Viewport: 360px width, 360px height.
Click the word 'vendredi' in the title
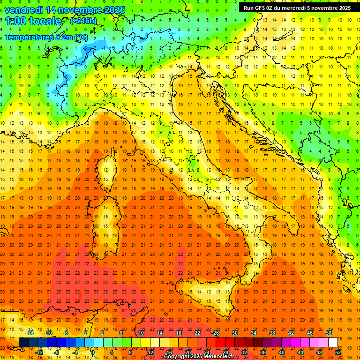[24, 10]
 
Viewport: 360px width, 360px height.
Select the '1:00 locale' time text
[33, 21]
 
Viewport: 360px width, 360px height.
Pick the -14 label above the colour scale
[30, 333]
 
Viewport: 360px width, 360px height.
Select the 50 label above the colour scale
[328, 333]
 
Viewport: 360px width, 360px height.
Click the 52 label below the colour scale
[338, 352]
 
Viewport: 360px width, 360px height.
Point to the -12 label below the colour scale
[39, 352]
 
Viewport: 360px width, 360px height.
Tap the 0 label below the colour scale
[93, 352]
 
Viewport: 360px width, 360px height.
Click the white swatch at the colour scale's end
[333, 343]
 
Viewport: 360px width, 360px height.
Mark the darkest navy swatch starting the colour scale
[23, 343]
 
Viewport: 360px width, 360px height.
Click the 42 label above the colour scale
[291, 333]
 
